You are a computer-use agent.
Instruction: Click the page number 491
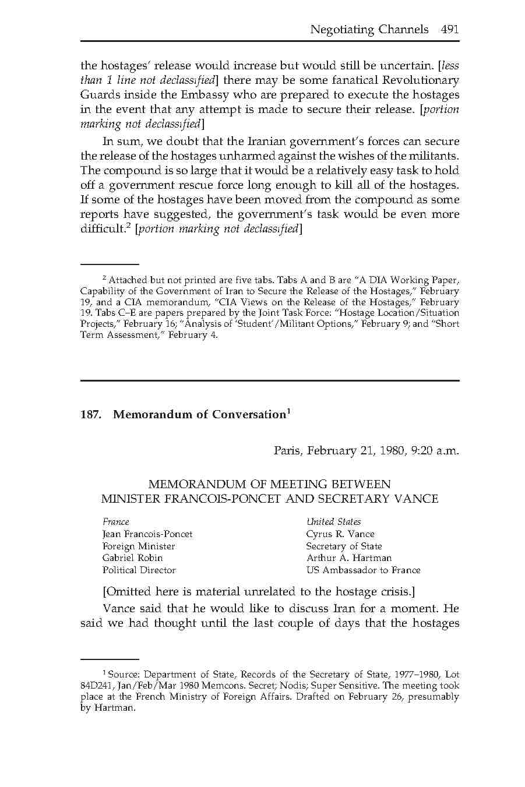[450, 29]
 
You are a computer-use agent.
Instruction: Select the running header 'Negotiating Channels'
[369, 29]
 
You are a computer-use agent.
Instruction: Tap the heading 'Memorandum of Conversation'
[199, 415]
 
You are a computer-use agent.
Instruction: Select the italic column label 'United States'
[333, 522]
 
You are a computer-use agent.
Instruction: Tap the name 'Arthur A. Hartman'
[348, 558]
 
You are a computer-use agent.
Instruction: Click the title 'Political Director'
[139, 570]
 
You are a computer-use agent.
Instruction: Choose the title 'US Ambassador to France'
[363, 570]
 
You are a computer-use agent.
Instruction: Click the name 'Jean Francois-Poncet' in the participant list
[147, 534]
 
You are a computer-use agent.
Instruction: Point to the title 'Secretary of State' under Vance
[344, 546]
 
